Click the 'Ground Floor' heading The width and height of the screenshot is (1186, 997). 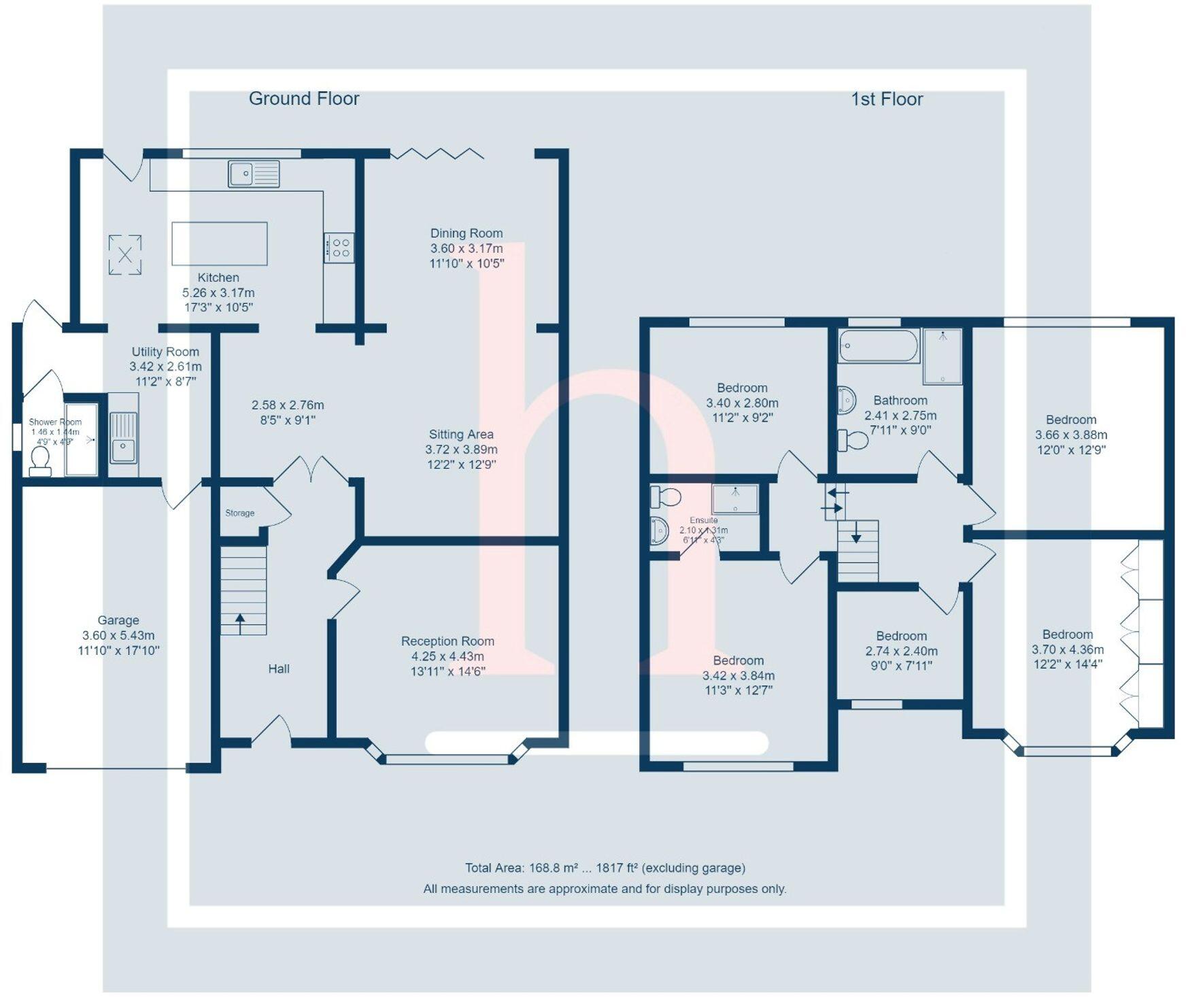click(304, 99)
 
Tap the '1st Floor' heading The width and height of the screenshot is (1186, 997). click(887, 99)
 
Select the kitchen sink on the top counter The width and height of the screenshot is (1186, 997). click(254, 173)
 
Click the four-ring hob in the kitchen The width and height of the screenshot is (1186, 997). click(339, 248)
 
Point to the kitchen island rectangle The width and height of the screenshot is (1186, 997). click(219, 243)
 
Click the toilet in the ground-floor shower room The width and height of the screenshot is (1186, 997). click(40, 461)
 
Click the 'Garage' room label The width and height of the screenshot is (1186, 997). click(118, 620)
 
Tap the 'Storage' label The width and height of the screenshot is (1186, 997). click(240, 513)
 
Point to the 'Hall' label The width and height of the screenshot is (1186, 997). click(279, 669)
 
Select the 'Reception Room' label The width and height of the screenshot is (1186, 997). click(447, 641)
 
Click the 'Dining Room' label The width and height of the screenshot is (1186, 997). click(467, 233)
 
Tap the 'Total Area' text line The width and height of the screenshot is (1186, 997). click(605, 868)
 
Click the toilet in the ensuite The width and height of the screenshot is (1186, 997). click(664, 497)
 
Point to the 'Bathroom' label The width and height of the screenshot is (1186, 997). click(900, 401)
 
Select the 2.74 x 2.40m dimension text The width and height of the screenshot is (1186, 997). click(901, 651)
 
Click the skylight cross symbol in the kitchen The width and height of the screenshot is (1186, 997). click(125, 255)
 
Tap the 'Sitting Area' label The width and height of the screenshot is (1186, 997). click(461, 435)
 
